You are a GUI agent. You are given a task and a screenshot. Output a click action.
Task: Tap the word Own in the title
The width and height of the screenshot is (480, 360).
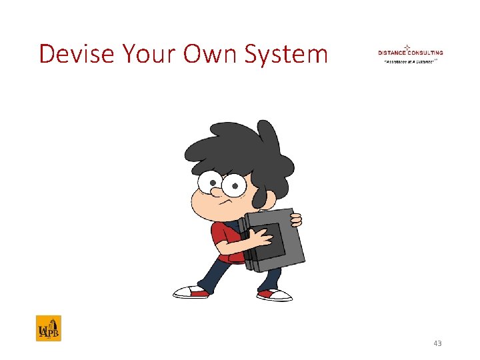205,53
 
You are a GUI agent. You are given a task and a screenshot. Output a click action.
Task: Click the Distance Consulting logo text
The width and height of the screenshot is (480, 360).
410,53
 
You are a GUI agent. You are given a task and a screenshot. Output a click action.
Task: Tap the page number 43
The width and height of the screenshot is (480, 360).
437,343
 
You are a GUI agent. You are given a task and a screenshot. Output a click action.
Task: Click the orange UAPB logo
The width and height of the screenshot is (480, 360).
48,328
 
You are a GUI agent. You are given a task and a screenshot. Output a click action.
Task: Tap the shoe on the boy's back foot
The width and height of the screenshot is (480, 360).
189,291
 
